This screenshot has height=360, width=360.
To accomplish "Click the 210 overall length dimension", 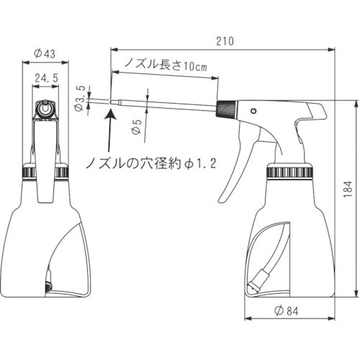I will [224, 42].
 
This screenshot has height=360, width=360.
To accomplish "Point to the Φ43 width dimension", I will [45, 52].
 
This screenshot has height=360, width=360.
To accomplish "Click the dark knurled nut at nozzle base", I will [225, 109].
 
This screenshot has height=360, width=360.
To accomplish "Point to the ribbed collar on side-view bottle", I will [291, 172].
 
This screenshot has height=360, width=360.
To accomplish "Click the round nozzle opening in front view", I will [45, 109].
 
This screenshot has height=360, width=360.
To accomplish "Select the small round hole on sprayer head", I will [253, 111].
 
